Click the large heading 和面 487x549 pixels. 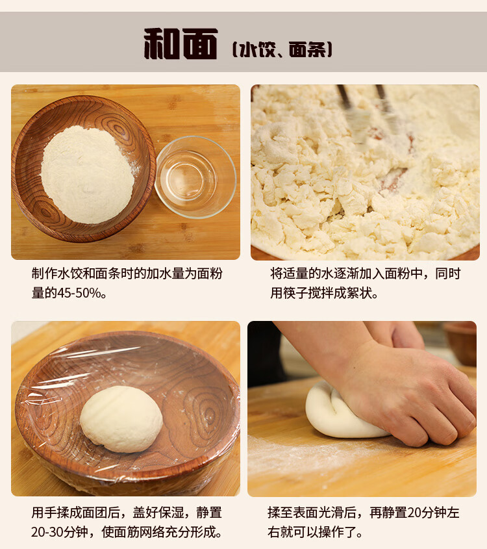[x=181, y=44]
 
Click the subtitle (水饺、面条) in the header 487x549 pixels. [x=282, y=49]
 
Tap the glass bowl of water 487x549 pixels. [x=195, y=177]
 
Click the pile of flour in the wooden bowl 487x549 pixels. [x=88, y=174]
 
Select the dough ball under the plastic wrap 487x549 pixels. [x=121, y=419]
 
